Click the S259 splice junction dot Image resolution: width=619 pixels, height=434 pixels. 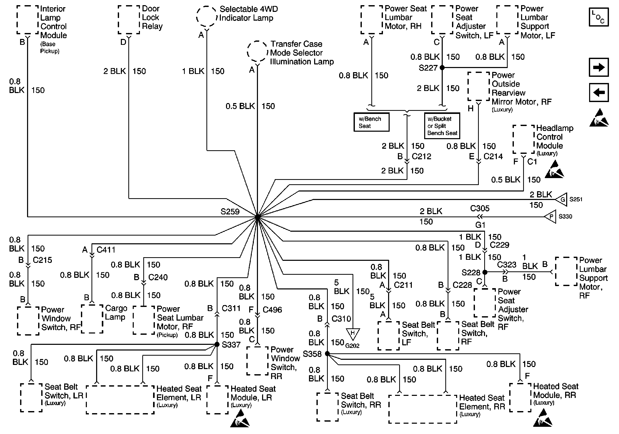click(x=257, y=216)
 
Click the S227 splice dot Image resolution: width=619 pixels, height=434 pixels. click(x=442, y=68)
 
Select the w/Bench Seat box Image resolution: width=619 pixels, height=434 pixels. click(x=371, y=122)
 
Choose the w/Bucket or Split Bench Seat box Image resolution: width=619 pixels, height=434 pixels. click(x=442, y=126)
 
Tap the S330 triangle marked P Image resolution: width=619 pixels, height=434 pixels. click(x=550, y=216)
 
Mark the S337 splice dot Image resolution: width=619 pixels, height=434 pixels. click(x=217, y=344)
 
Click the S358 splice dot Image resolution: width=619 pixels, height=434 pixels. click(x=327, y=353)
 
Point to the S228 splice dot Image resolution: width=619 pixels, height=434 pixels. click(x=484, y=272)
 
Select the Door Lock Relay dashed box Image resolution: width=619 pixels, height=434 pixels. click(x=129, y=20)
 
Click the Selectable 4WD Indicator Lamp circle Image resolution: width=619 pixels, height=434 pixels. click(x=206, y=17)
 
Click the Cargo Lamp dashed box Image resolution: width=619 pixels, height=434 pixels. click(x=92, y=319)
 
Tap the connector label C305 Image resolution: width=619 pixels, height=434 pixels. click(x=480, y=208)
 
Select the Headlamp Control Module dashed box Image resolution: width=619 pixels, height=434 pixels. click(x=524, y=139)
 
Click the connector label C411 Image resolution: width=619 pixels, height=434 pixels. click(x=106, y=250)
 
